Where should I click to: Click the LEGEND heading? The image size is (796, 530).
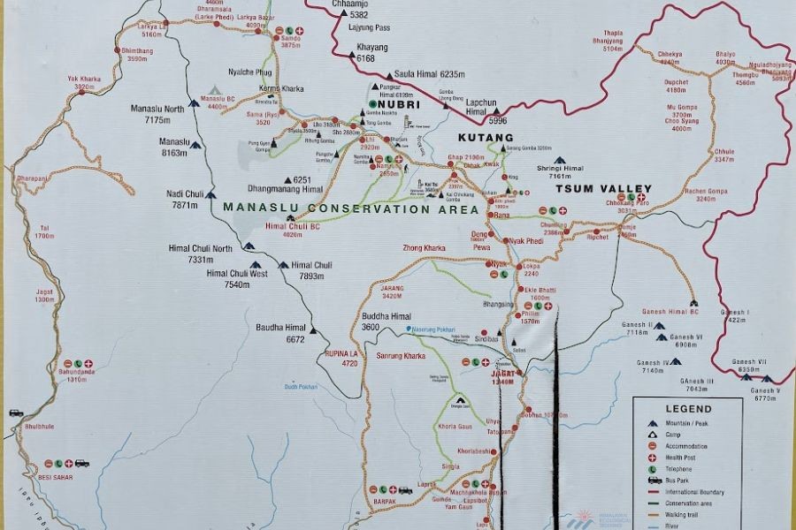click(x=688, y=409)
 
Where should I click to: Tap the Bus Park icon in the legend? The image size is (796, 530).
click(x=655, y=480)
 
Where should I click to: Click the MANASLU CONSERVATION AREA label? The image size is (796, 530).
click(x=351, y=209)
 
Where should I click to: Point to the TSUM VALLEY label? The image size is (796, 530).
click(x=610, y=189)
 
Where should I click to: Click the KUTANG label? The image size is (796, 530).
click(x=486, y=139)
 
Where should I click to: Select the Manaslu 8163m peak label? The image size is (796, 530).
click(x=175, y=147)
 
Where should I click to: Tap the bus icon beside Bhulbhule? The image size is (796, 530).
click(x=15, y=413)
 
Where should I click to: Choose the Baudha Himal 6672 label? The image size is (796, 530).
click(x=280, y=332)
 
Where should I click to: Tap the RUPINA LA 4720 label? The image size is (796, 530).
click(x=341, y=358)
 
